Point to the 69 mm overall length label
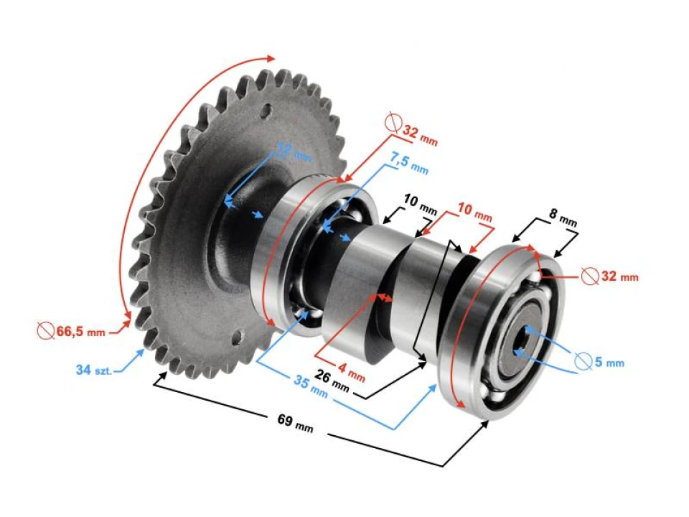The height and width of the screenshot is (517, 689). coord(294,423)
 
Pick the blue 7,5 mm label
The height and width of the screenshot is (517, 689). coord(410,163)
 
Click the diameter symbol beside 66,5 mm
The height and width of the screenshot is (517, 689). coord(45,331)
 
